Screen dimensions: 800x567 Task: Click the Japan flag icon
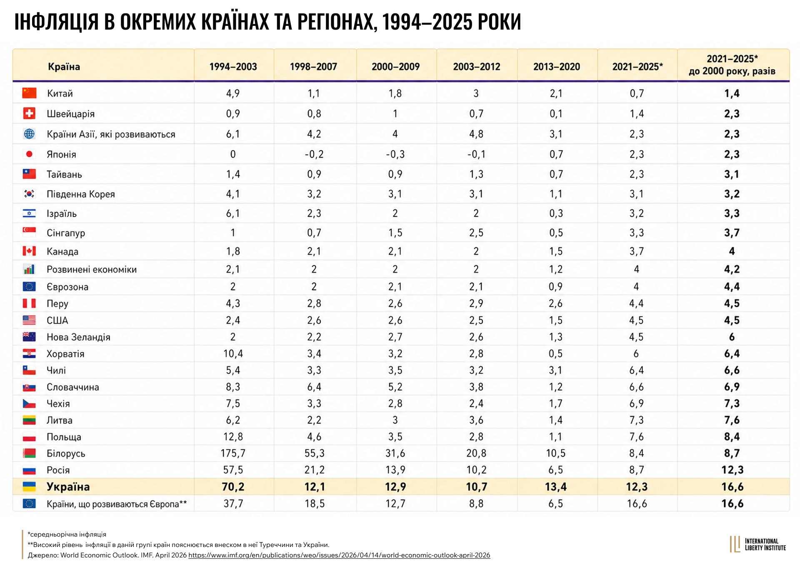point(29,154)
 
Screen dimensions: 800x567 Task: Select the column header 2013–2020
point(556,67)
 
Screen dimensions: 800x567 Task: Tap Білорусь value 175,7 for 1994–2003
point(233,453)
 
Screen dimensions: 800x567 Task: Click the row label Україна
point(68,487)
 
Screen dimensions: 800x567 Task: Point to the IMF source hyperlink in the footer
point(339,555)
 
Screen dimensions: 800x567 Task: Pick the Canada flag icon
point(29,251)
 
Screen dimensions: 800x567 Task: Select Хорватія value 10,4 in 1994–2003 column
point(233,354)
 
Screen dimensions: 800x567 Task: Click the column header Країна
point(64,67)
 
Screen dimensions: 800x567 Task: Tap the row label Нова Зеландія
point(78,337)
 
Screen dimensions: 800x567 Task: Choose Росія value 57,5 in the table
point(233,470)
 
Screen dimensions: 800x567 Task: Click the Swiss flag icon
point(29,113)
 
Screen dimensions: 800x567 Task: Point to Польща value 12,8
point(233,437)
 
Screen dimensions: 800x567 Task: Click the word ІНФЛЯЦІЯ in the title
point(57,22)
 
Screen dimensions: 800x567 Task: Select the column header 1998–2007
point(313,67)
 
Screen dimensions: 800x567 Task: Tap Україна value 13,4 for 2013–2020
point(556,487)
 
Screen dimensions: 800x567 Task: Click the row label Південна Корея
point(81,194)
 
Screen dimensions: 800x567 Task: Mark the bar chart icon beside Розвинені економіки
point(29,269)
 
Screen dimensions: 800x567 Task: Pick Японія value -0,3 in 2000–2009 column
point(395,154)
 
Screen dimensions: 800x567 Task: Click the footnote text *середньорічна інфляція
point(67,534)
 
